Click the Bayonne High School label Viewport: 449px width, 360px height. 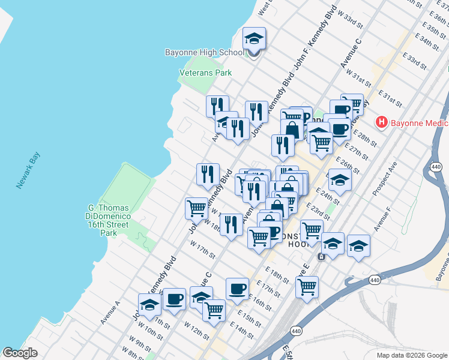click(204, 53)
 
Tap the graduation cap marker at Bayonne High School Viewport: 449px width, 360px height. click(254, 40)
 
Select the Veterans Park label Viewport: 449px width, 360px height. click(205, 73)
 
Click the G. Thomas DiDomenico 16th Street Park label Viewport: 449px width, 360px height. click(109, 220)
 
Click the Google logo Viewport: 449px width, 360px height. click(20, 353)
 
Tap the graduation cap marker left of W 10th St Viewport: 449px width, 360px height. click(149, 304)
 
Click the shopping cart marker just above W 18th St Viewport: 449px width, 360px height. click(196, 208)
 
